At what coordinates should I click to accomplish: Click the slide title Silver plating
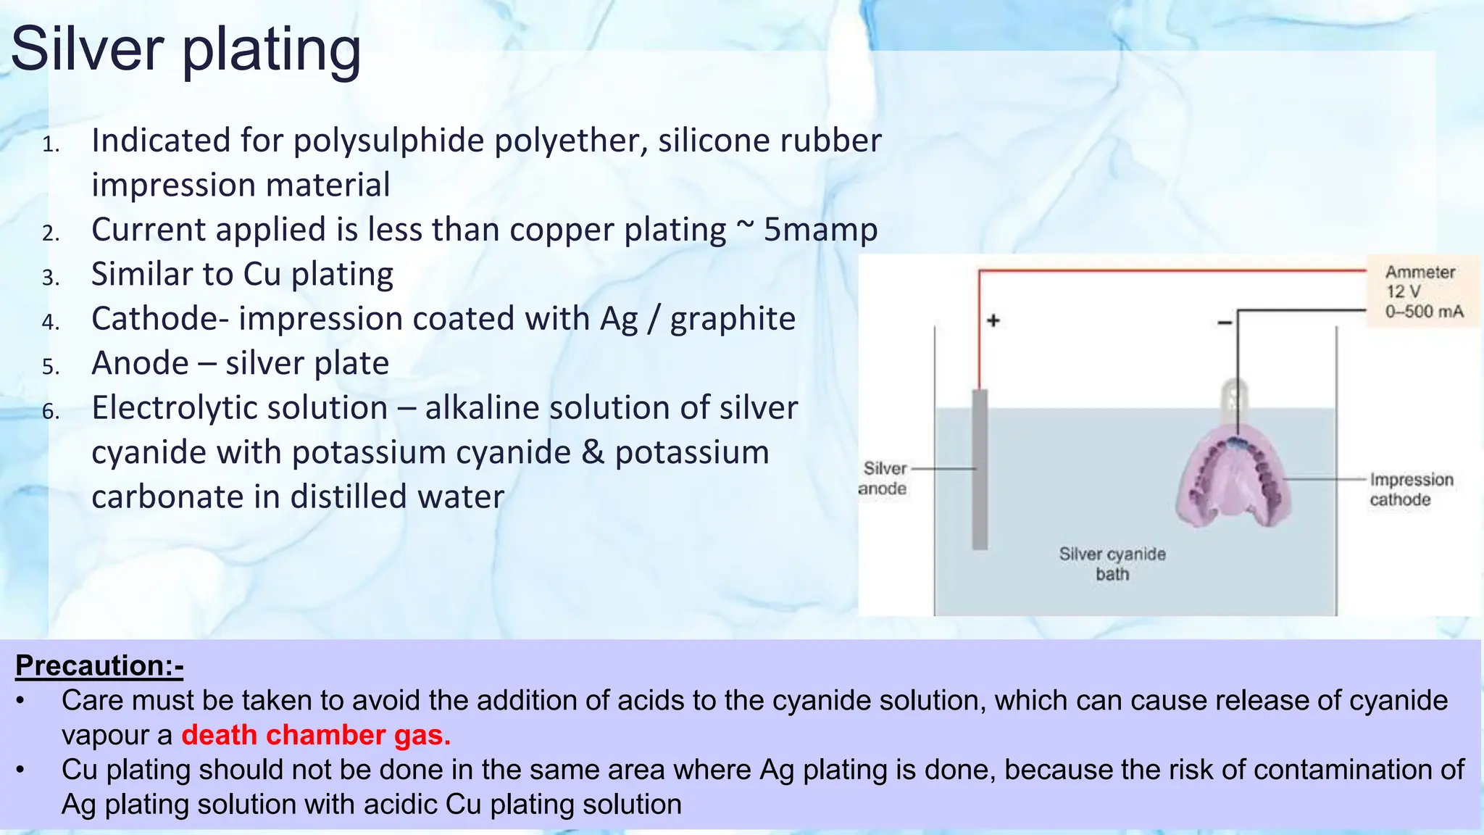pyautogui.click(x=185, y=49)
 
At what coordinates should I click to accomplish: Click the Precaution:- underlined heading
pyautogui.click(x=99, y=665)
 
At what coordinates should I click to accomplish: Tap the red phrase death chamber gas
pyautogui.click(x=316, y=735)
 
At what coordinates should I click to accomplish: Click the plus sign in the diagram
pyautogui.click(x=993, y=320)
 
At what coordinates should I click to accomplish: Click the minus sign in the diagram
pyautogui.click(x=1225, y=322)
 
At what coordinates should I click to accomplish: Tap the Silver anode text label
pyautogui.click(x=883, y=478)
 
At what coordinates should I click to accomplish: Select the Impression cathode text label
pyautogui.click(x=1410, y=489)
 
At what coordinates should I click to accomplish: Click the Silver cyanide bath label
pyautogui.click(x=1112, y=564)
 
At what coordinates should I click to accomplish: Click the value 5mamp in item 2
pyautogui.click(x=820, y=230)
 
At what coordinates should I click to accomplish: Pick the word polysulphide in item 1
pyautogui.click(x=391, y=141)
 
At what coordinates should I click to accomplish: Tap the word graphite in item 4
pyautogui.click(x=733, y=319)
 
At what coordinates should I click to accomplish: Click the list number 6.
pyautogui.click(x=51, y=412)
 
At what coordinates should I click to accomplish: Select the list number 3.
pyautogui.click(x=51, y=278)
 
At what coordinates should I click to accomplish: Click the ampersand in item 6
pyautogui.click(x=593, y=452)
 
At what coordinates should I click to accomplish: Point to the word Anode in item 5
pyautogui.click(x=140, y=363)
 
